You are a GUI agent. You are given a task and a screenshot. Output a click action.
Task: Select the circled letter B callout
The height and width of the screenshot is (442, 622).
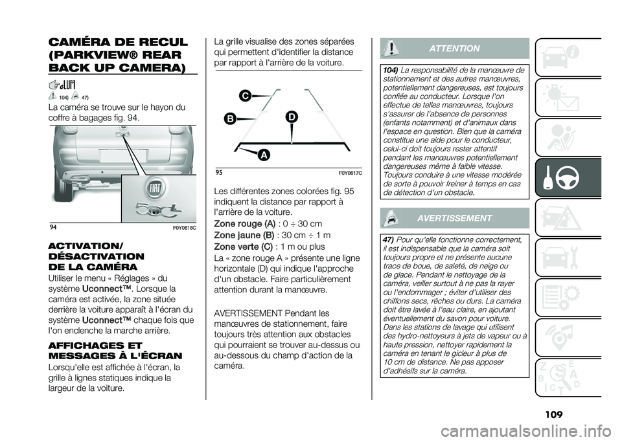pos(229,118)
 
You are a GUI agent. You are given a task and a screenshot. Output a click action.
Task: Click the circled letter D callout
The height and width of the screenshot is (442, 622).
pos(292,116)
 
